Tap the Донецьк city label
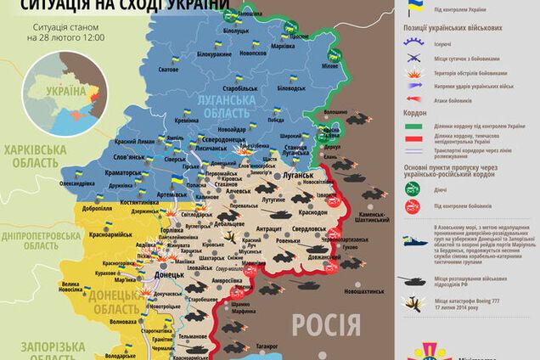tap(171, 276)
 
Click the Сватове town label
tap(168, 82)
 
